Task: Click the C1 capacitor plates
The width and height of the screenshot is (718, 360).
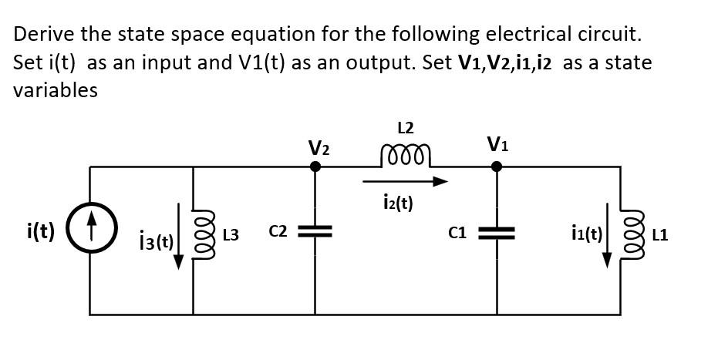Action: pyautogui.click(x=497, y=232)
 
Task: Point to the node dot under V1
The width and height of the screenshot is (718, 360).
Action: pyautogui.click(x=497, y=166)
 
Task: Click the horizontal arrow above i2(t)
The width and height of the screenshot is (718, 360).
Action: pyautogui.click(x=405, y=183)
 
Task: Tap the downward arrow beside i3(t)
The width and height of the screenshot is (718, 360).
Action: pyautogui.click(x=179, y=236)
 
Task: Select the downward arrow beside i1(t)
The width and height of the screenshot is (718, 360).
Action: pyautogui.click(x=608, y=234)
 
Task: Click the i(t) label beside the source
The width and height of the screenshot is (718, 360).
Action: pyautogui.click(x=39, y=231)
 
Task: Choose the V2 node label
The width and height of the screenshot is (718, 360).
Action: pyautogui.click(x=318, y=146)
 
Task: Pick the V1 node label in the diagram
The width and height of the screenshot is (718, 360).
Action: pyautogui.click(x=497, y=144)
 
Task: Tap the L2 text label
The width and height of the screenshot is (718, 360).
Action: pyautogui.click(x=406, y=126)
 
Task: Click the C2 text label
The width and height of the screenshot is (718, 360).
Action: pyautogui.click(x=278, y=231)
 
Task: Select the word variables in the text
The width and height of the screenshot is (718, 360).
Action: pyautogui.click(x=55, y=90)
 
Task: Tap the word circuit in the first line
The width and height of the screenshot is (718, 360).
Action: pyautogui.click(x=608, y=34)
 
